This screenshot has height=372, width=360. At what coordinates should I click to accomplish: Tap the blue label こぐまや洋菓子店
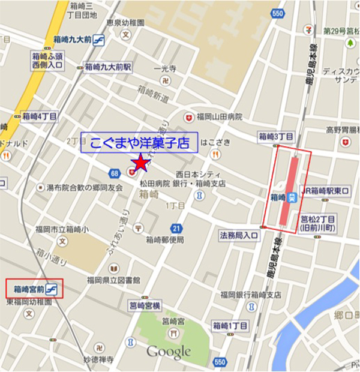tap(140, 144)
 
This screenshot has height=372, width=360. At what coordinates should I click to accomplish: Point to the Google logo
tap(168, 352)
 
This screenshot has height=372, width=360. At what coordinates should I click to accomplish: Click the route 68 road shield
tap(114, 173)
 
